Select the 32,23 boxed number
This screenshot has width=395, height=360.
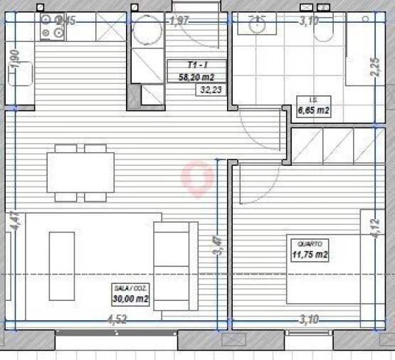point(211,90)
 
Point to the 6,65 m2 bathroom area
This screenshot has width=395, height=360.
point(313,110)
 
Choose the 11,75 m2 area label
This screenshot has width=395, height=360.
point(310,254)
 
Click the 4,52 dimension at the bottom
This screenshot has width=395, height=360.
point(118,319)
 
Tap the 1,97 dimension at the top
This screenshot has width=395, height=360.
point(179,22)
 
